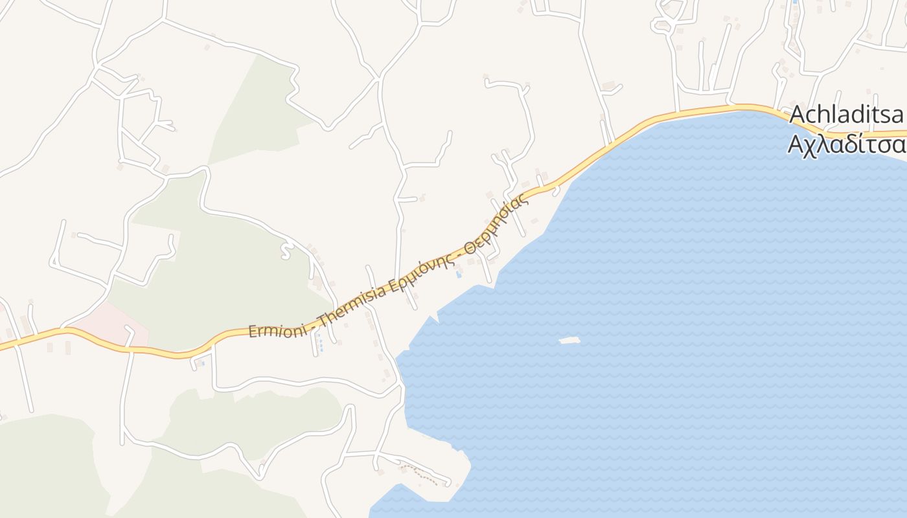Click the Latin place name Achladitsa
[846, 115]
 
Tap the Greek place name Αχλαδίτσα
[846, 144]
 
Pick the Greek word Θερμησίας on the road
[499, 221]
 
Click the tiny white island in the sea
[569, 340]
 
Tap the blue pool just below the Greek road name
[459, 275]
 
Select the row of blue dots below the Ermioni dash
[321, 348]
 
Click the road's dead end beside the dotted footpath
[448, 482]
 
